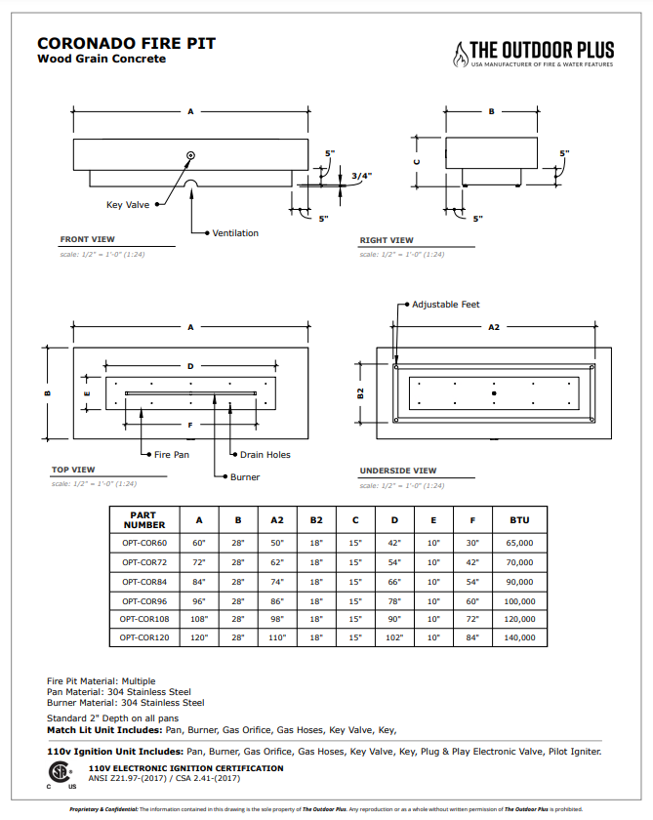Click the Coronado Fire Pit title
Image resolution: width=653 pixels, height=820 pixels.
pyautogui.click(x=126, y=44)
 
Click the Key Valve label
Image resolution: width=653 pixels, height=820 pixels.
pyautogui.click(x=128, y=205)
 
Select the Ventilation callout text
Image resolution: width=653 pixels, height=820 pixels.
pyautogui.click(x=235, y=233)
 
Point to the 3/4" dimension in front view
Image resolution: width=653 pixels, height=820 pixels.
pyautogui.click(x=361, y=176)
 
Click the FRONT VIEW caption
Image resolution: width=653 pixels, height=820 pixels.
pyautogui.click(x=87, y=239)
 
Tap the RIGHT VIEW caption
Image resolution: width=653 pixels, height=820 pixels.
pyautogui.click(x=387, y=240)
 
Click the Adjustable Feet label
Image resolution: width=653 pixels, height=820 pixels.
pyautogui.click(x=445, y=305)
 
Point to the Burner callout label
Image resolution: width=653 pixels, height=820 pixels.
pyautogui.click(x=245, y=477)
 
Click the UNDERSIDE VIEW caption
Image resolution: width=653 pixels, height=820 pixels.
pyautogui.click(x=398, y=471)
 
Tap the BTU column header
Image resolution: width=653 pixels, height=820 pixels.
pyautogui.click(x=519, y=519)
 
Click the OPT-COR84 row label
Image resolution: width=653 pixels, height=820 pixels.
pyautogui.click(x=144, y=581)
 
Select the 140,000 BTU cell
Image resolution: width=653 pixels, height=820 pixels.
pyautogui.click(x=519, y=637)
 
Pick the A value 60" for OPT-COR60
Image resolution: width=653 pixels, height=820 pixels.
pyautogui.click(x=199, y=543)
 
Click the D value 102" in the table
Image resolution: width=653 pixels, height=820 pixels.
pyautogui.click(x=394, y=637)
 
